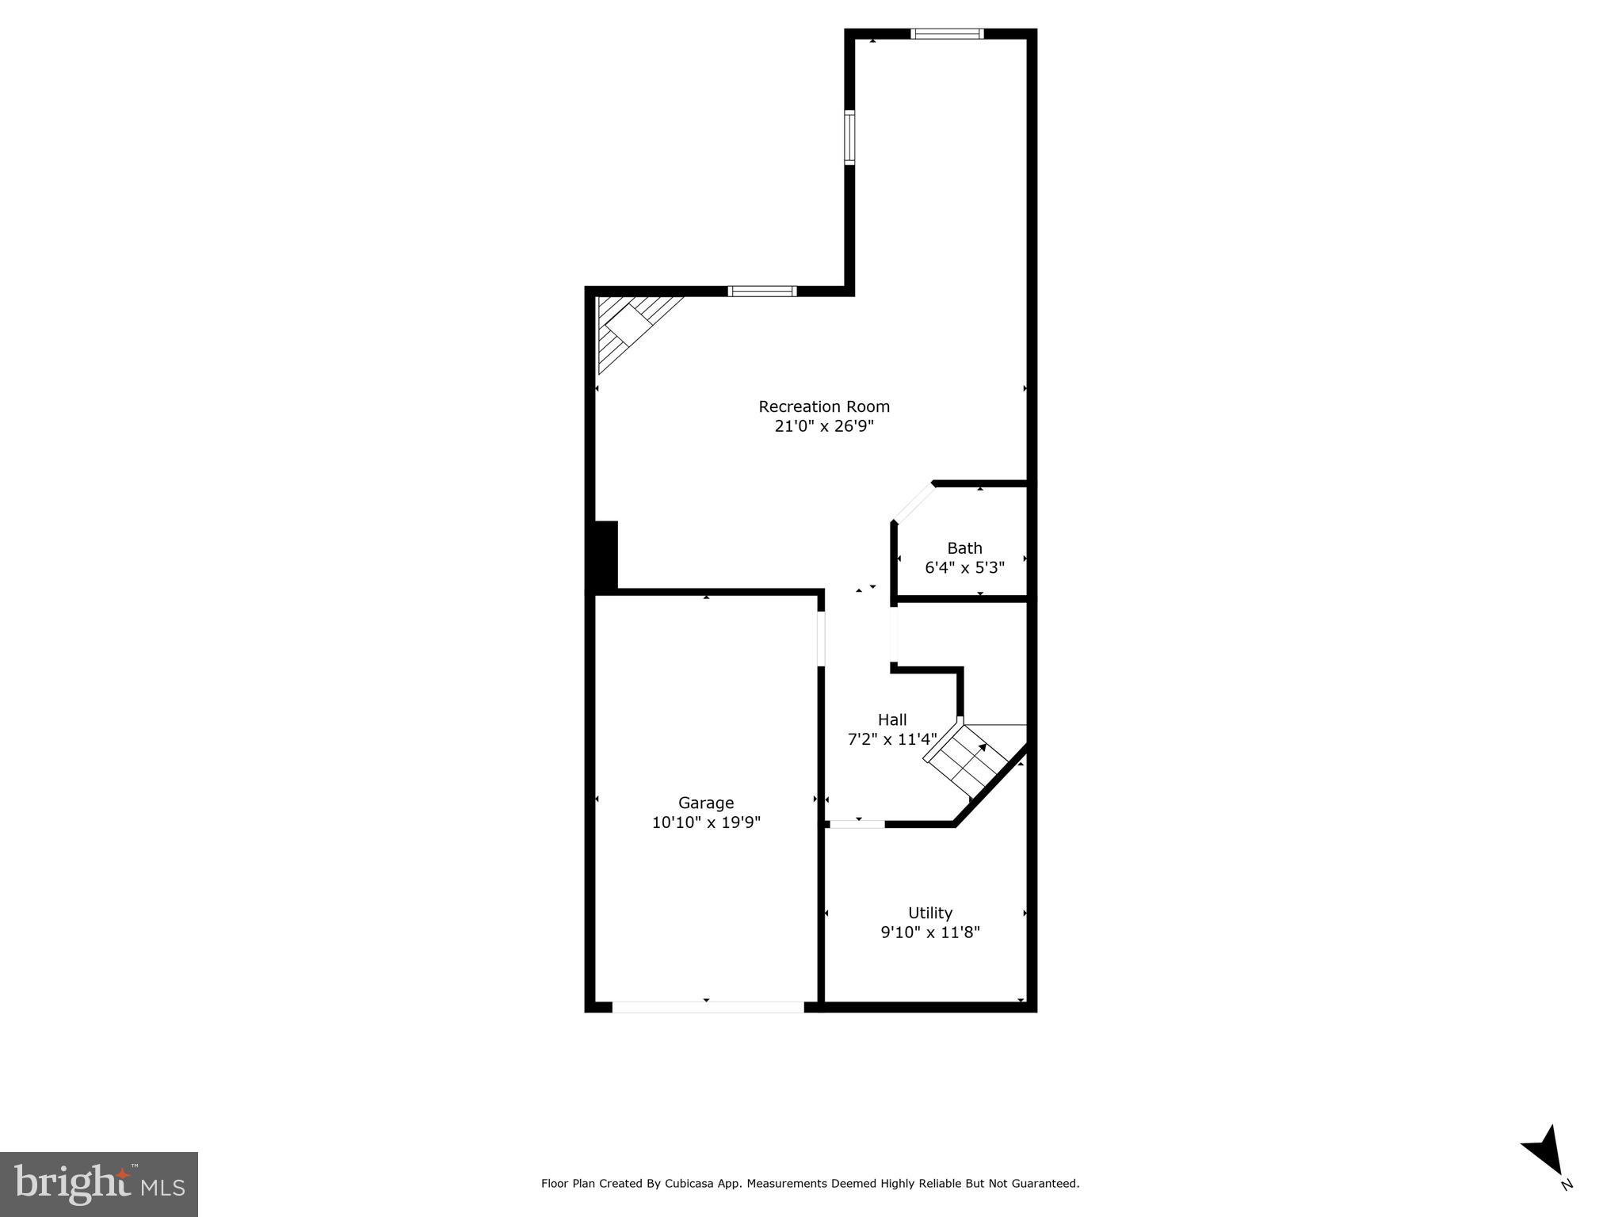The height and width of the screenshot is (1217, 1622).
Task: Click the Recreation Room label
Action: pos(824,406)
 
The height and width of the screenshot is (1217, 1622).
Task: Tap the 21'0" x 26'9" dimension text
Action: pos(824,426)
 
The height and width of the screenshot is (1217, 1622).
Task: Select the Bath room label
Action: pos(964,548)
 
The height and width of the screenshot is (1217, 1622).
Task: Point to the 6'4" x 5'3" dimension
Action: pos(964,568)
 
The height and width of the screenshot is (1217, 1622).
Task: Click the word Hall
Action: pos(892,719)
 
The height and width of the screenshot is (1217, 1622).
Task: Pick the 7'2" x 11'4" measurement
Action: pos(892,739)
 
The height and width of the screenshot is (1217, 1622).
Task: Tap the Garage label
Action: pos(706,803)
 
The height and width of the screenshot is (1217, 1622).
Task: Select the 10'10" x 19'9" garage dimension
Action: pos(706,822)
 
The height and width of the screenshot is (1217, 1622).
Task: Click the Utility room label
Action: pos(930,913)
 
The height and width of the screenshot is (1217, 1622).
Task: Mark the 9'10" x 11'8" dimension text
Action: pos(930,933)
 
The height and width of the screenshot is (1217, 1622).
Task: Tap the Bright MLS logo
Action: pos(99,1184)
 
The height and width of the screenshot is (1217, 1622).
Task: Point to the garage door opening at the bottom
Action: pos(708,1007)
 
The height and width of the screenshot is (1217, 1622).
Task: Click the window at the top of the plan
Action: pos(947,33)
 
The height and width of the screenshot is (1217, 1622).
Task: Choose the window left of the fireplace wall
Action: pos(761,291)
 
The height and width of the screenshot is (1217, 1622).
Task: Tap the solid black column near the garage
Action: pos(605,555)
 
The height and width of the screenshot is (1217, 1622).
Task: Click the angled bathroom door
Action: pos(914,502)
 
